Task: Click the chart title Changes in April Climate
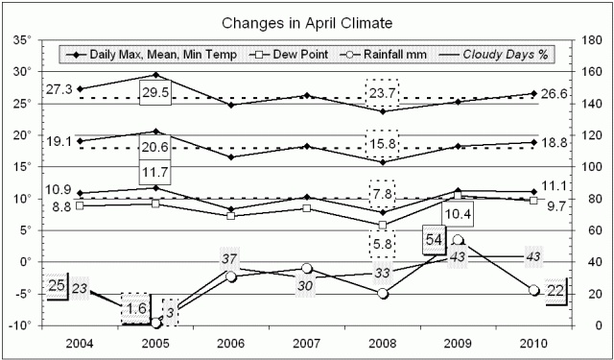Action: tap(307, 21)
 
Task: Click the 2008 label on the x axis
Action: tap(382, 343)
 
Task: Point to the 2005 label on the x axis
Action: tap(156, 343)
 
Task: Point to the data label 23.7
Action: tap(382, 93)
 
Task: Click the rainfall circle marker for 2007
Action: tap(307, 269)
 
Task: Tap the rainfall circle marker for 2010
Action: tap(532, 290)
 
